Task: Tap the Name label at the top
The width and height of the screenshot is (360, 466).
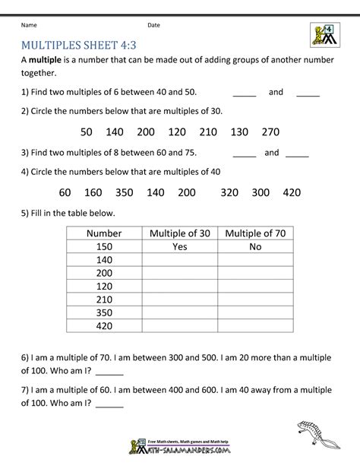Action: click(x=30, y=24)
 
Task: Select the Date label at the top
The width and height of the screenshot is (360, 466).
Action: click(x=153, y=24)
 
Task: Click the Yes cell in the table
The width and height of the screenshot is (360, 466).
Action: click(x=179, y=247)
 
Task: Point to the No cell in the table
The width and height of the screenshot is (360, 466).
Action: click(x=255, y=247)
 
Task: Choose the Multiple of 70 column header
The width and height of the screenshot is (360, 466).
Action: click(x=255, y=233)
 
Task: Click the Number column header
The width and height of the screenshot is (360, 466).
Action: click(x=103, y=233)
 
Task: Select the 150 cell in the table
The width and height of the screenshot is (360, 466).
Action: click(x=103, y=247)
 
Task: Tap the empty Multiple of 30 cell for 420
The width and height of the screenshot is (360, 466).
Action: click(x=179, y=326)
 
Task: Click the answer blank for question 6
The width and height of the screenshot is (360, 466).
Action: click(x=109, y=373)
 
